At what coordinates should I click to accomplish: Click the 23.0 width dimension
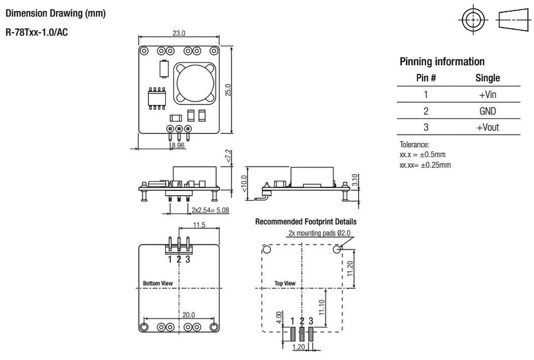[x=179, y=33]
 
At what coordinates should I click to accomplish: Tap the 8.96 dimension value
[x=178, y=146]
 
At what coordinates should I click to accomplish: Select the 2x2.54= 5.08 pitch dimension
[x=210, y=210]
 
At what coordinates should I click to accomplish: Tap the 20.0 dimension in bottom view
[x=188, y=315]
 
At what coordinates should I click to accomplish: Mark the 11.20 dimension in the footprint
[x=351, y=268]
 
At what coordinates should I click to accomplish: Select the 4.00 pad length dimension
[x=278, y=318]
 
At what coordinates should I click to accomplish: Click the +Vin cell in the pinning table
[x=488, y=94]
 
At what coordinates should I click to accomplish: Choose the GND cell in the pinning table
[x=488, y=111]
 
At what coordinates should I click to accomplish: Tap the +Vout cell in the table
[x=488, y=127]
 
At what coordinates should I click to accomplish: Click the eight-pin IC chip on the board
[x=156, y=98]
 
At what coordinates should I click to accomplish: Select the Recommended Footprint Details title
[x=306, y=222]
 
